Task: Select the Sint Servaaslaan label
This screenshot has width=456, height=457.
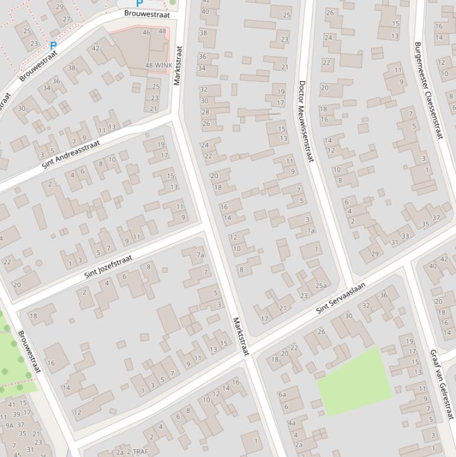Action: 340,297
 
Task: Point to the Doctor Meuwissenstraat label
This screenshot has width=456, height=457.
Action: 306,121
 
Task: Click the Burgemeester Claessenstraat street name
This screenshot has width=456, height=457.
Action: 428,90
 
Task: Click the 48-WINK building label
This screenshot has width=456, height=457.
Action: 158,65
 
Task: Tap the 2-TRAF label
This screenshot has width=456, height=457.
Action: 138,452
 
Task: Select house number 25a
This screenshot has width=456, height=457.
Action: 321,285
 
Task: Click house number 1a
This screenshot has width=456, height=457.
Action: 311,230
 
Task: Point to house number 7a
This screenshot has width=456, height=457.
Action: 201,255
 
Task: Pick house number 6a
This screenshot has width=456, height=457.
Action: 282,394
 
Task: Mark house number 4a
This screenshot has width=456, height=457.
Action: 291,423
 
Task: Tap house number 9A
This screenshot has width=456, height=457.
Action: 9,425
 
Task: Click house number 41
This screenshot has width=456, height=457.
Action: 12,405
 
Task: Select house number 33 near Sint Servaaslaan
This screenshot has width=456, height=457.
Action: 404,236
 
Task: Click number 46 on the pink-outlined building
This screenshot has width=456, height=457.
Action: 146,32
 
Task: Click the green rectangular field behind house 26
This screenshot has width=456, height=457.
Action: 354,381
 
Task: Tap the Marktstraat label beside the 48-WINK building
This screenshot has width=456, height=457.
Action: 178,65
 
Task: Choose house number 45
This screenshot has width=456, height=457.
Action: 17,455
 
